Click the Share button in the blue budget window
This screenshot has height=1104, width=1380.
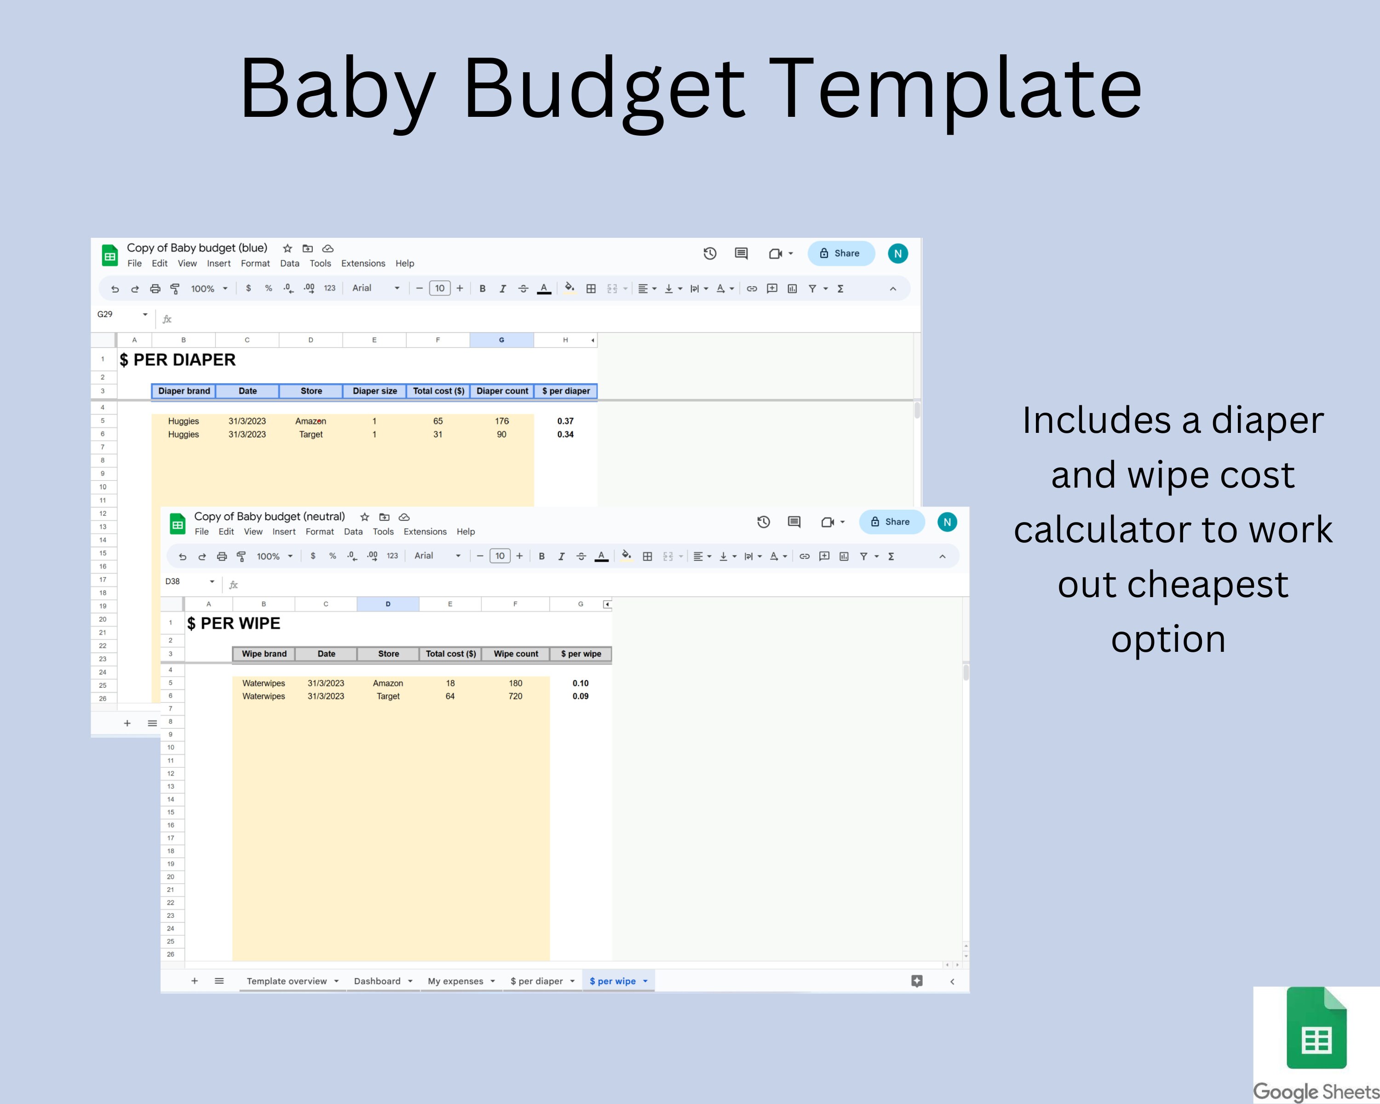[x=840, y=253]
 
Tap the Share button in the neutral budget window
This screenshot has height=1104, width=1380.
[x=891, y=522]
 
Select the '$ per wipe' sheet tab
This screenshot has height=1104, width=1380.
[x=613, y=981]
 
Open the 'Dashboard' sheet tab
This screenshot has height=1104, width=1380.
[x=377, y=981]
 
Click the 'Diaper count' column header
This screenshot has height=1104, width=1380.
[x=502, y=391]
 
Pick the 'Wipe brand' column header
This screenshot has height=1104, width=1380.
[x=264, y=654]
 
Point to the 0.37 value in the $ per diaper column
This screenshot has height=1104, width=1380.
[x=565, y=421]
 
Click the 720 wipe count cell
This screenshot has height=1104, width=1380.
[x=515, y=696]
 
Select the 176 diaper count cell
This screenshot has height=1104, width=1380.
[x=502, y=421]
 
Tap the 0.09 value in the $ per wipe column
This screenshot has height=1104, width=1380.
[x=581, y=696]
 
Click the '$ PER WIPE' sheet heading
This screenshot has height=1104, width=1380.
[x=234, y=623]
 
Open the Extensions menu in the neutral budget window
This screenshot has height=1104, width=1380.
[x=425, y=532]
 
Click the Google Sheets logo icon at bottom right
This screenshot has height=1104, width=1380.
[x=1316, y=1029]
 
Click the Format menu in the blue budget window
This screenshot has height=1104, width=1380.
[x=255, y=264]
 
